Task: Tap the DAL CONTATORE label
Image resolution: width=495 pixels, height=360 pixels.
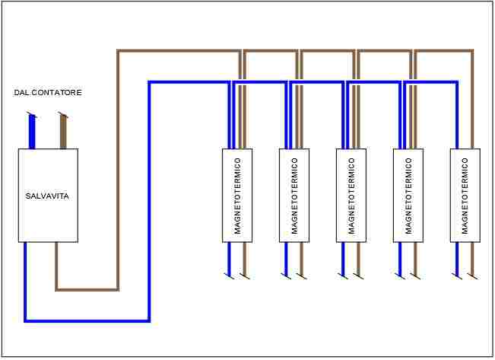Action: [x=48, y=93]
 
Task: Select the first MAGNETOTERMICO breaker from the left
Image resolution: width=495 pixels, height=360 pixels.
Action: [x=237, y=196]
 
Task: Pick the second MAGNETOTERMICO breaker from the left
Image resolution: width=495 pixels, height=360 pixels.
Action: [x=294, y=196]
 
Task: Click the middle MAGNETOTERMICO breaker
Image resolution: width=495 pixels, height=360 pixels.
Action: [x=351, y=196]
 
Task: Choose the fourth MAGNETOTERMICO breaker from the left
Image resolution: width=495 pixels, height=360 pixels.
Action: [x=408, y=196]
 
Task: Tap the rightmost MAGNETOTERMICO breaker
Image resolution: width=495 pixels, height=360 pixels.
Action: [x=465, y=196]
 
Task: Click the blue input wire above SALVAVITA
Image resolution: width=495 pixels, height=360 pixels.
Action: [x=32, y=132]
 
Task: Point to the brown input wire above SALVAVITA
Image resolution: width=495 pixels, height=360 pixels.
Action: [x=64, y=132]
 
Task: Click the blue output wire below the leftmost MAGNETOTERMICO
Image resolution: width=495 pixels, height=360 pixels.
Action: [x=229, y=258]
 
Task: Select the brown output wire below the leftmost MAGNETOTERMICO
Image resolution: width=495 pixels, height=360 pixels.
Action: [x=243, y=258]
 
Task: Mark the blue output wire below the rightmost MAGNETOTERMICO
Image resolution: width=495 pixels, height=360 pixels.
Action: [x=457, y=258]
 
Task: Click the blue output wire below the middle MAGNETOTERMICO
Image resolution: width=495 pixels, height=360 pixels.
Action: [x=343, y=258]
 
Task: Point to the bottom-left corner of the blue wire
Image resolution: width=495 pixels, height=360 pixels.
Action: [x=26, y=320]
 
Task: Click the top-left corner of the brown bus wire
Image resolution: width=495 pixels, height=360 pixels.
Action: [x=119, y=52]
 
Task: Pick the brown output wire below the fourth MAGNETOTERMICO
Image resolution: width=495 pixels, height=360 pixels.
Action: [x=414, y=258]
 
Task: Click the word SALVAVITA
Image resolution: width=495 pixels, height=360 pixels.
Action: [x=47, y=196]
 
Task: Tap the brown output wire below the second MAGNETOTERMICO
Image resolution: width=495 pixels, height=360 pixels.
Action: [x=300, y=258]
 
